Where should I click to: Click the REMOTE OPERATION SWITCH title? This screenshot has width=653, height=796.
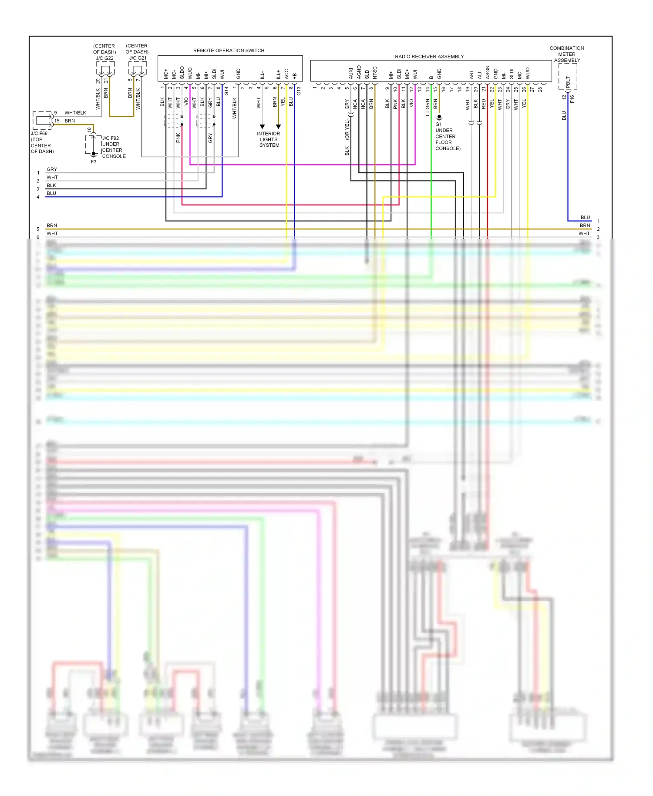point(229,51)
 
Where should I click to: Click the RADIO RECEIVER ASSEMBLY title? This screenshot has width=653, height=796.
point(429,57)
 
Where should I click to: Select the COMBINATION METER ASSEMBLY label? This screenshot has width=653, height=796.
point(567,54)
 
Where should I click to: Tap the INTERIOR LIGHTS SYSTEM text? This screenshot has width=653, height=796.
point(269,139)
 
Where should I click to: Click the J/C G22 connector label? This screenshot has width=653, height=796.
point(104,58)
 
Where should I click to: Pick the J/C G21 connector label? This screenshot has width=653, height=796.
point(138,58)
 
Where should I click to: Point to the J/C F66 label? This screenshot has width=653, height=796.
point(39,133)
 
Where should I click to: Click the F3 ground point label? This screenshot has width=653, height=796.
point(94,162)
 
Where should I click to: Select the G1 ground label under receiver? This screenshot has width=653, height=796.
point(438,124)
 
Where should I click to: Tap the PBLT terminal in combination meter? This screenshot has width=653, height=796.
point(568,81)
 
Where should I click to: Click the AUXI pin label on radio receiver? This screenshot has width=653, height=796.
point(351,73)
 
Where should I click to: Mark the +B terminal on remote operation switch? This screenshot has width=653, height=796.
point(295,75)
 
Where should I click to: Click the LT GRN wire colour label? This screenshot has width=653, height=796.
point(427,107)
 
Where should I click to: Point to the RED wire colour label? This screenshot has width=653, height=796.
point(484,104)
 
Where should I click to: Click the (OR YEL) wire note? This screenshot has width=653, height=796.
point(347,129)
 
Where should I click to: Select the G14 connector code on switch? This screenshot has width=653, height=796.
point(226,91)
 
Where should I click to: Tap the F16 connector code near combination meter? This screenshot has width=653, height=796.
point(572,99)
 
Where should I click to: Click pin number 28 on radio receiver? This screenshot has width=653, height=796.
point(540,89)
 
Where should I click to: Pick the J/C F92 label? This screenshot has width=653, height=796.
point(111,138)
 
